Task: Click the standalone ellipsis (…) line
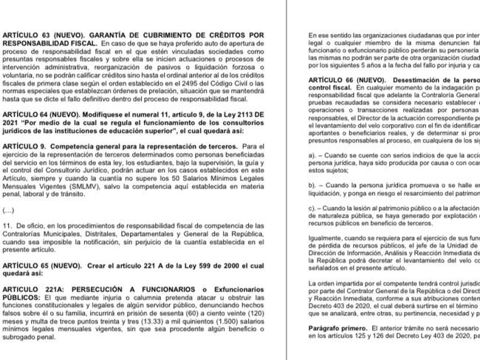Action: click(x=7, y=211)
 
